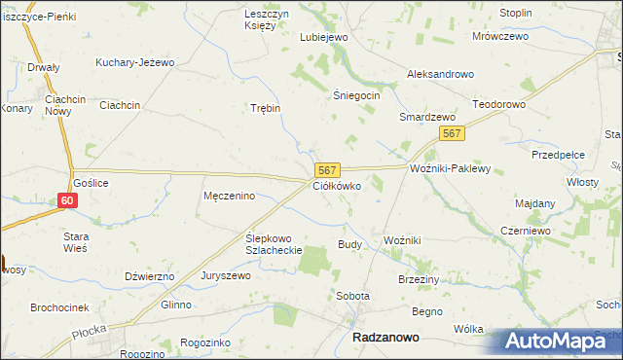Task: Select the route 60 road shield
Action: tap(66, 200)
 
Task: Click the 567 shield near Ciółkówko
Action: tap(327, 169)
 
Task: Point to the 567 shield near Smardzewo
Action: tap(450, 133)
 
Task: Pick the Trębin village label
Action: tap(266, 108)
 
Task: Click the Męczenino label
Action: tap(229, 196)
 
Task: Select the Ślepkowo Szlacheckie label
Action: tap(275, 243)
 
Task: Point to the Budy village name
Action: tap(349, 244)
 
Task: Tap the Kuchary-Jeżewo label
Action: tap(134, 62)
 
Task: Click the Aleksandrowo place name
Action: tap(440, 74)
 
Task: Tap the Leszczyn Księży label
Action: tap(266, 19)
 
